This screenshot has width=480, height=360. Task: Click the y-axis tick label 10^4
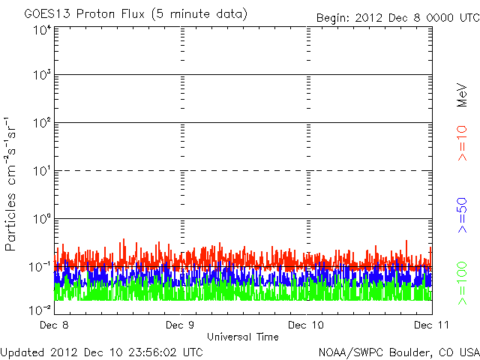point(41,30)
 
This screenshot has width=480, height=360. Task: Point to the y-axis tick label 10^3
point(41,76)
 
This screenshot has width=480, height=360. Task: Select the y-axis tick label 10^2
point(41,123)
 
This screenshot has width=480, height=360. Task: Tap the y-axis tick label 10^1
point(41,171)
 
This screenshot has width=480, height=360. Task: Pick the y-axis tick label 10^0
point(41,219)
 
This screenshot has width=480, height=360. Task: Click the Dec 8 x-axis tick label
point(54,325)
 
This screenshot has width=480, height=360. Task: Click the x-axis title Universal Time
point(243,337)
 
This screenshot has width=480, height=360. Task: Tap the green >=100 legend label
point(462,283)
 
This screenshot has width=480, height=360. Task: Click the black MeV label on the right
point(462,96)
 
